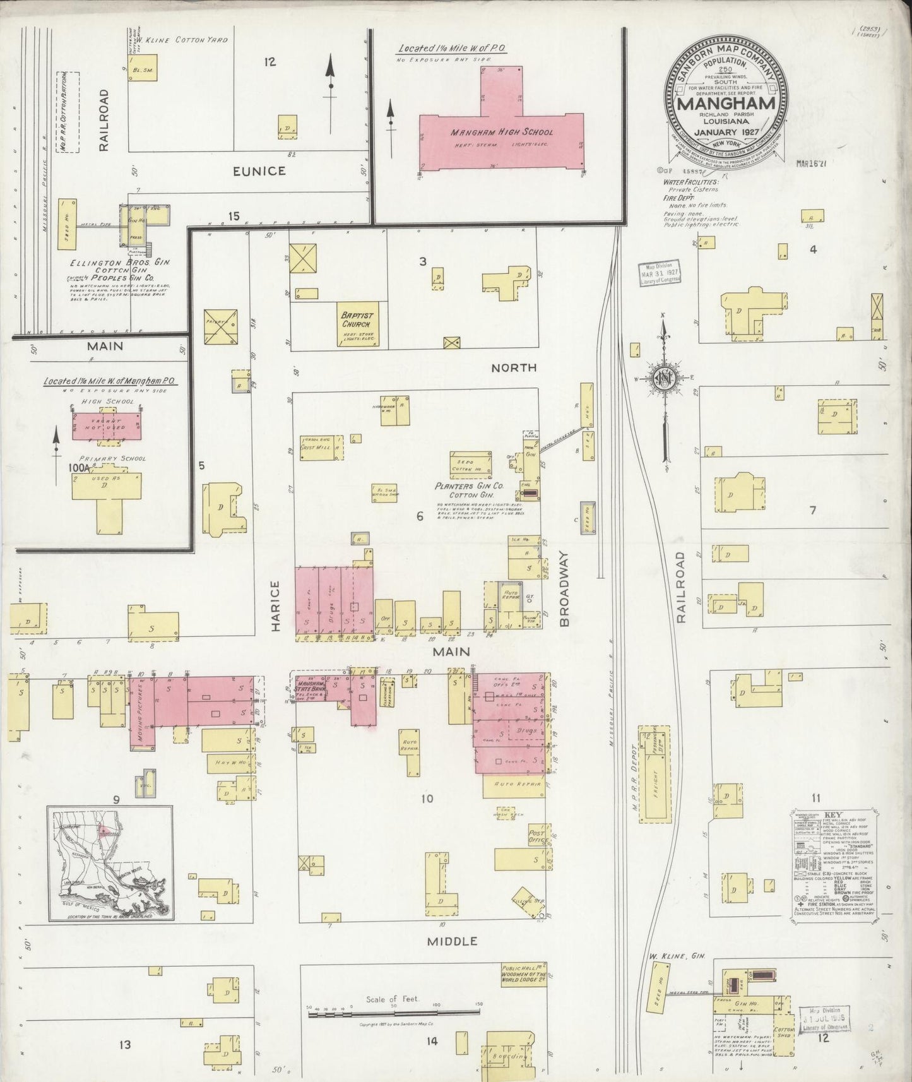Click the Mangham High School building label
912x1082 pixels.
pos(501,133)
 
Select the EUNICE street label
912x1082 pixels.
pos(259,171)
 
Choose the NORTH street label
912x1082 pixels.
pos(514,367)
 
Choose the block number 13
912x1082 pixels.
pos(125,1045)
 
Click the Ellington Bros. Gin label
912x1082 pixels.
pos(120,261)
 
